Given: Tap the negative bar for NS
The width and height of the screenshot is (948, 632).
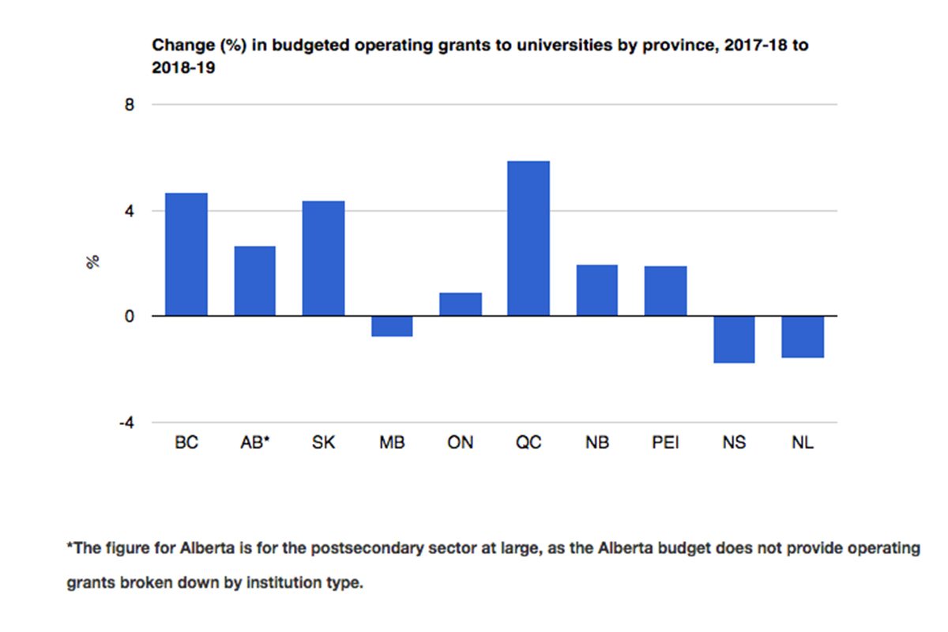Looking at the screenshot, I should point(734,339).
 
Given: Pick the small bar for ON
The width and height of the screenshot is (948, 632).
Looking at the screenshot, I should point(461,304).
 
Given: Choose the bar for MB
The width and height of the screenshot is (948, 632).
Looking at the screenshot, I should point(392,326).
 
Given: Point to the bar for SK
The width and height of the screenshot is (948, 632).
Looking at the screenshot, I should point(323,258).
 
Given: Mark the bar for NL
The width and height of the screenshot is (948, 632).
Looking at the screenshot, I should point(802,337).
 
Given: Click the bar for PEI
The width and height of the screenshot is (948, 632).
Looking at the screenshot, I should point(665,291).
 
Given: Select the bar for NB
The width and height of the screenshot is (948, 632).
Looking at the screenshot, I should point(597,290).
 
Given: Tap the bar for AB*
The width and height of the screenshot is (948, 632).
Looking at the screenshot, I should point(254,281).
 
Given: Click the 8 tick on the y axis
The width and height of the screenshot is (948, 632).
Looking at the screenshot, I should point(129,104).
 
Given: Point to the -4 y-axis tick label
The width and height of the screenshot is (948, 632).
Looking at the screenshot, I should point(126,423).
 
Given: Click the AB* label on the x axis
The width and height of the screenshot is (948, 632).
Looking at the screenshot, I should point(255,443).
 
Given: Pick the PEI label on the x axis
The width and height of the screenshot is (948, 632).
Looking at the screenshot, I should point(665,443).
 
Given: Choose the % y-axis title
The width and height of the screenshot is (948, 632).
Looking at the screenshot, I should point(93,263).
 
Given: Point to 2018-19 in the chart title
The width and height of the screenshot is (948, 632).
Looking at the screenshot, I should point(184,68).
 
